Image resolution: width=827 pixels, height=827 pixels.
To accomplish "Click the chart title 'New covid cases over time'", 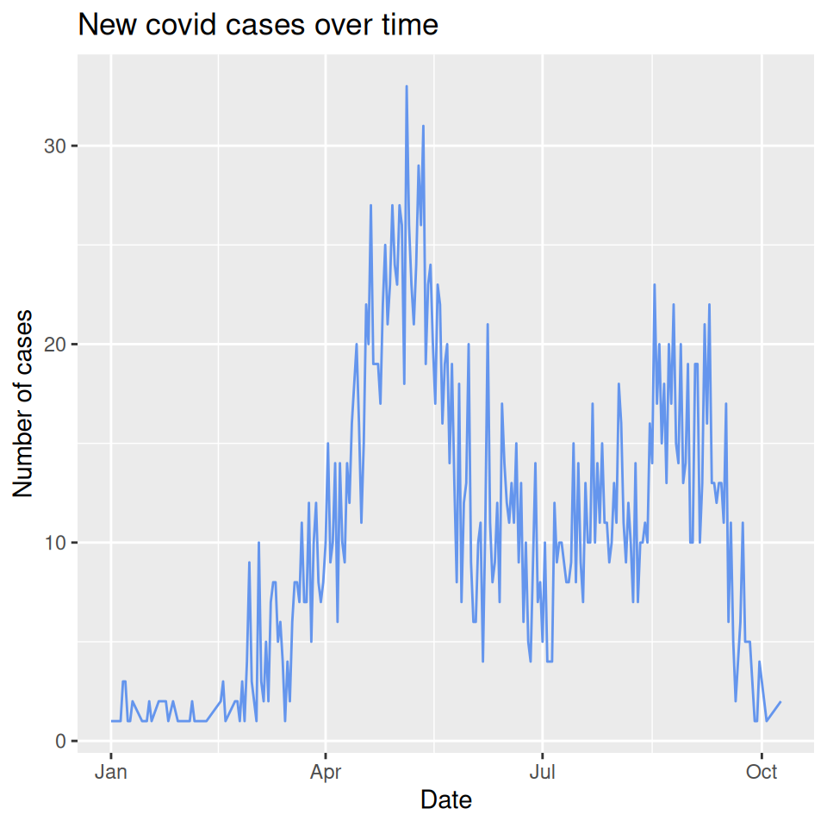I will click(258, 25).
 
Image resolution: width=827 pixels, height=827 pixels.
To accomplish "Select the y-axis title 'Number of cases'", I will click(23, 403).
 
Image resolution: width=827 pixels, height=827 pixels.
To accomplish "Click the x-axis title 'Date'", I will click(445, 800).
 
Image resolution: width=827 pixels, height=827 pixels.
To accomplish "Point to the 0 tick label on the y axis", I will click(60, 741).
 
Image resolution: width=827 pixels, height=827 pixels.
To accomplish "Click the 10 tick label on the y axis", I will click(54, 543).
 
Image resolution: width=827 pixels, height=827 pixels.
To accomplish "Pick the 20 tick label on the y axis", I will click(54, 345).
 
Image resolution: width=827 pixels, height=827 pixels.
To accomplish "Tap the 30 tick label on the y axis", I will click(54, 146).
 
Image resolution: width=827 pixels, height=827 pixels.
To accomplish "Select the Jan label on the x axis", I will click(110, 772).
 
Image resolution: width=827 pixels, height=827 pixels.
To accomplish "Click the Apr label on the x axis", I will click(326, 772).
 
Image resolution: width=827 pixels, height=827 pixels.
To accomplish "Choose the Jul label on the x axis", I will click(542, 772).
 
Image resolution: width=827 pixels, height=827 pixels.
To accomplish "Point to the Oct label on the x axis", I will click(761, 772).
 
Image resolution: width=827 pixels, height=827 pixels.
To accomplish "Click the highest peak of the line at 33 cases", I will click(407, 87).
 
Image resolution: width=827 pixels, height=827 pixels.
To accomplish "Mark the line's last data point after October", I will click(780, 702).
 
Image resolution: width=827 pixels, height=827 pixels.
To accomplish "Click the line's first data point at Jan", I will click(112, 721).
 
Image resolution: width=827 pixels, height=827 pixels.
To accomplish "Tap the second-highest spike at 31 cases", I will click(423, 127).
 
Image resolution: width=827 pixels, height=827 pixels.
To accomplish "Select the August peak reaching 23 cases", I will click(655, 285).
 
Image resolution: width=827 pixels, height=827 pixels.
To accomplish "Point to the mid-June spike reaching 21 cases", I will click(488, 325).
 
